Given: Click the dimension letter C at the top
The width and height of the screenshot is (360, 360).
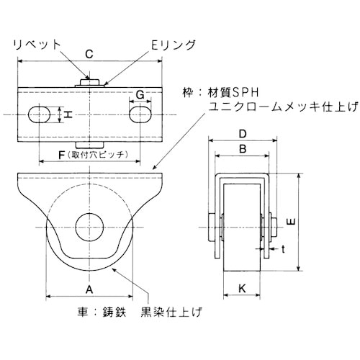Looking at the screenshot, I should tap(87, 53).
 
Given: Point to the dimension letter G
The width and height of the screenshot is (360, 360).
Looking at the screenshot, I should tap(140, 93).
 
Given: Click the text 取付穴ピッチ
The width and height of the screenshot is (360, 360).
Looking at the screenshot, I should tap(98, 153).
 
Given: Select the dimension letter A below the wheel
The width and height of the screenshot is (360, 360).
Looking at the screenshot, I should tap(89, 288).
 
